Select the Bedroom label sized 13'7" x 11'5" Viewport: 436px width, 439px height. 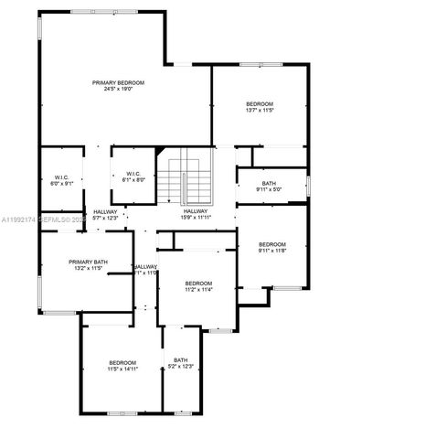tap(260, 104)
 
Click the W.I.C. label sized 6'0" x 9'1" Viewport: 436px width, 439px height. tap(62, 177)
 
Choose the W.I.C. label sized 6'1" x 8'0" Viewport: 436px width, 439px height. tap(133, 174)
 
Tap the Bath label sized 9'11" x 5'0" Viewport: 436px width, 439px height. tap(269, 184)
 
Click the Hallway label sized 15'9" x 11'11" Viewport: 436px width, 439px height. tap(196, 211)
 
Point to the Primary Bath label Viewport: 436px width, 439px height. tap(89, 262)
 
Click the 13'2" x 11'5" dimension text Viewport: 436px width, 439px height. tap(89, 269)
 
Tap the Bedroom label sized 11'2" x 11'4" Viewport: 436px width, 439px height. tap(198, 284)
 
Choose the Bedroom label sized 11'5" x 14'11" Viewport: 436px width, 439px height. tap(122, 362)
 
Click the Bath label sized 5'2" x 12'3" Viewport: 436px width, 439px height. tap(181, 359)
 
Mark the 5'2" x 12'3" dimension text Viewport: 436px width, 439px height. tap(181, 366)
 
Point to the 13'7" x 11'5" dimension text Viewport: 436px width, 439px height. tap(260, 111)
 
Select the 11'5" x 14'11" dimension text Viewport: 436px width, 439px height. tap(122, 369)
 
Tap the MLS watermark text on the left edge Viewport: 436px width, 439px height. tap(41, 220)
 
